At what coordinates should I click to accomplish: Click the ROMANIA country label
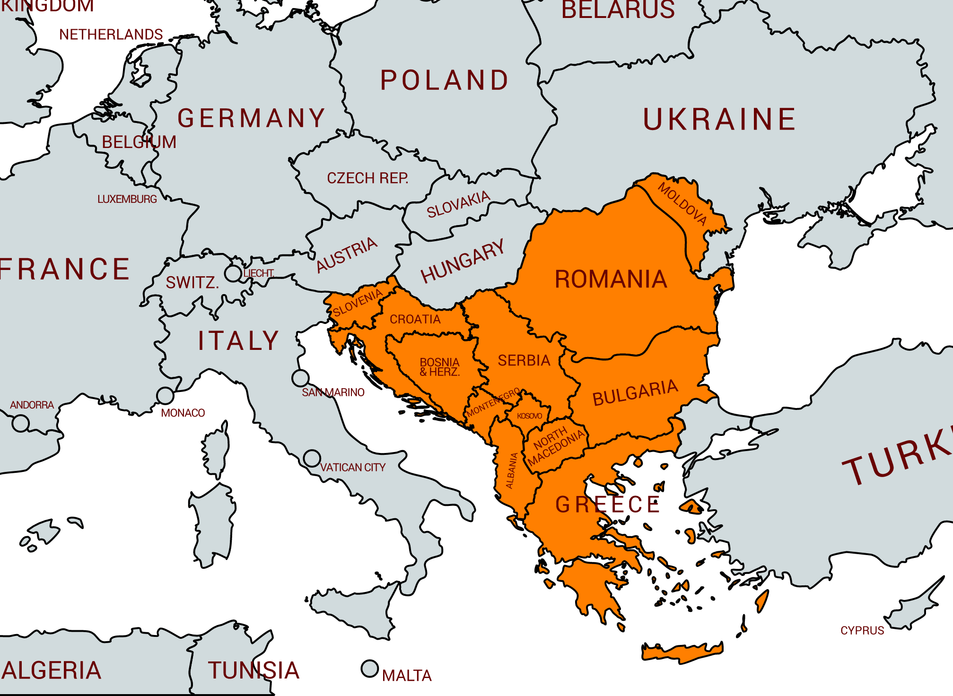point(611,279)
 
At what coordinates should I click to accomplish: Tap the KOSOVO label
point(529,416)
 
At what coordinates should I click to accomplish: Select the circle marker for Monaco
point(165,395)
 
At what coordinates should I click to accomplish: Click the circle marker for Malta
point(370,669)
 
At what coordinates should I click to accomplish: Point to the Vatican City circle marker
point(312,458)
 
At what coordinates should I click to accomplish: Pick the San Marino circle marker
point(300,378)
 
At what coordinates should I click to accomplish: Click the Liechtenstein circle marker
point(233,273)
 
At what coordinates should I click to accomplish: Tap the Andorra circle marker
point(20,423)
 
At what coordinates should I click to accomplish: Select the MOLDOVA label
point(682,204)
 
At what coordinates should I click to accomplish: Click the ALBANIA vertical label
point(511,470)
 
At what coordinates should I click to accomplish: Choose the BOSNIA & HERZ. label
point(439,367)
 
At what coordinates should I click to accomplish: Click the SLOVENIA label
point(358,303)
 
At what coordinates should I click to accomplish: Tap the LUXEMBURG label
point(127,199)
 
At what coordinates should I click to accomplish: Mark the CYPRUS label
point(862,630)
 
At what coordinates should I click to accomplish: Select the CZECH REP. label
point(367,178)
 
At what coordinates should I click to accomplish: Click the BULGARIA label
point(635,392)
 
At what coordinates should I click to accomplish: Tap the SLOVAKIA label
point(458,204)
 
